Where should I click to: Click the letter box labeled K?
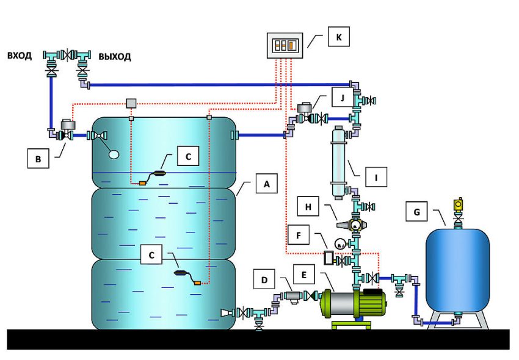coord(338,38)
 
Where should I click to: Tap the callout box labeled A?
coord(266,182)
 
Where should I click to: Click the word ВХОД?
coord(21,56)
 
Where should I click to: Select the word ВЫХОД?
coord(114,57)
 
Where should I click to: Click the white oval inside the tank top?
coord(114,154)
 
